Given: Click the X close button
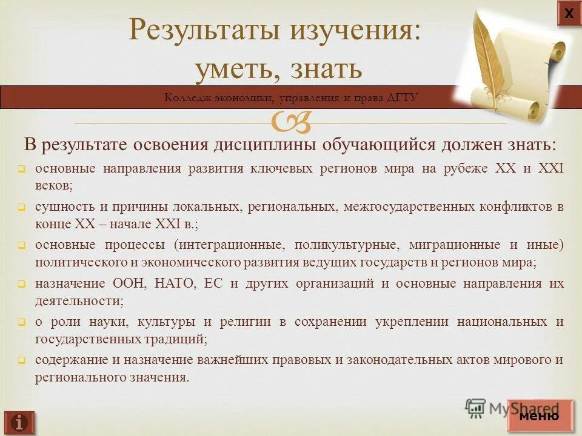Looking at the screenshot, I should pyautogui.click(x=569, y=13).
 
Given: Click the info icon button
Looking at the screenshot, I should pyautogui.click(x=19, y=422).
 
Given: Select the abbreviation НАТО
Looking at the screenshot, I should pyautogui.click(x=175, y=284).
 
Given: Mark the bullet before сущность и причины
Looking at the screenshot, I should pyautogui.click(x=21, y=208).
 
